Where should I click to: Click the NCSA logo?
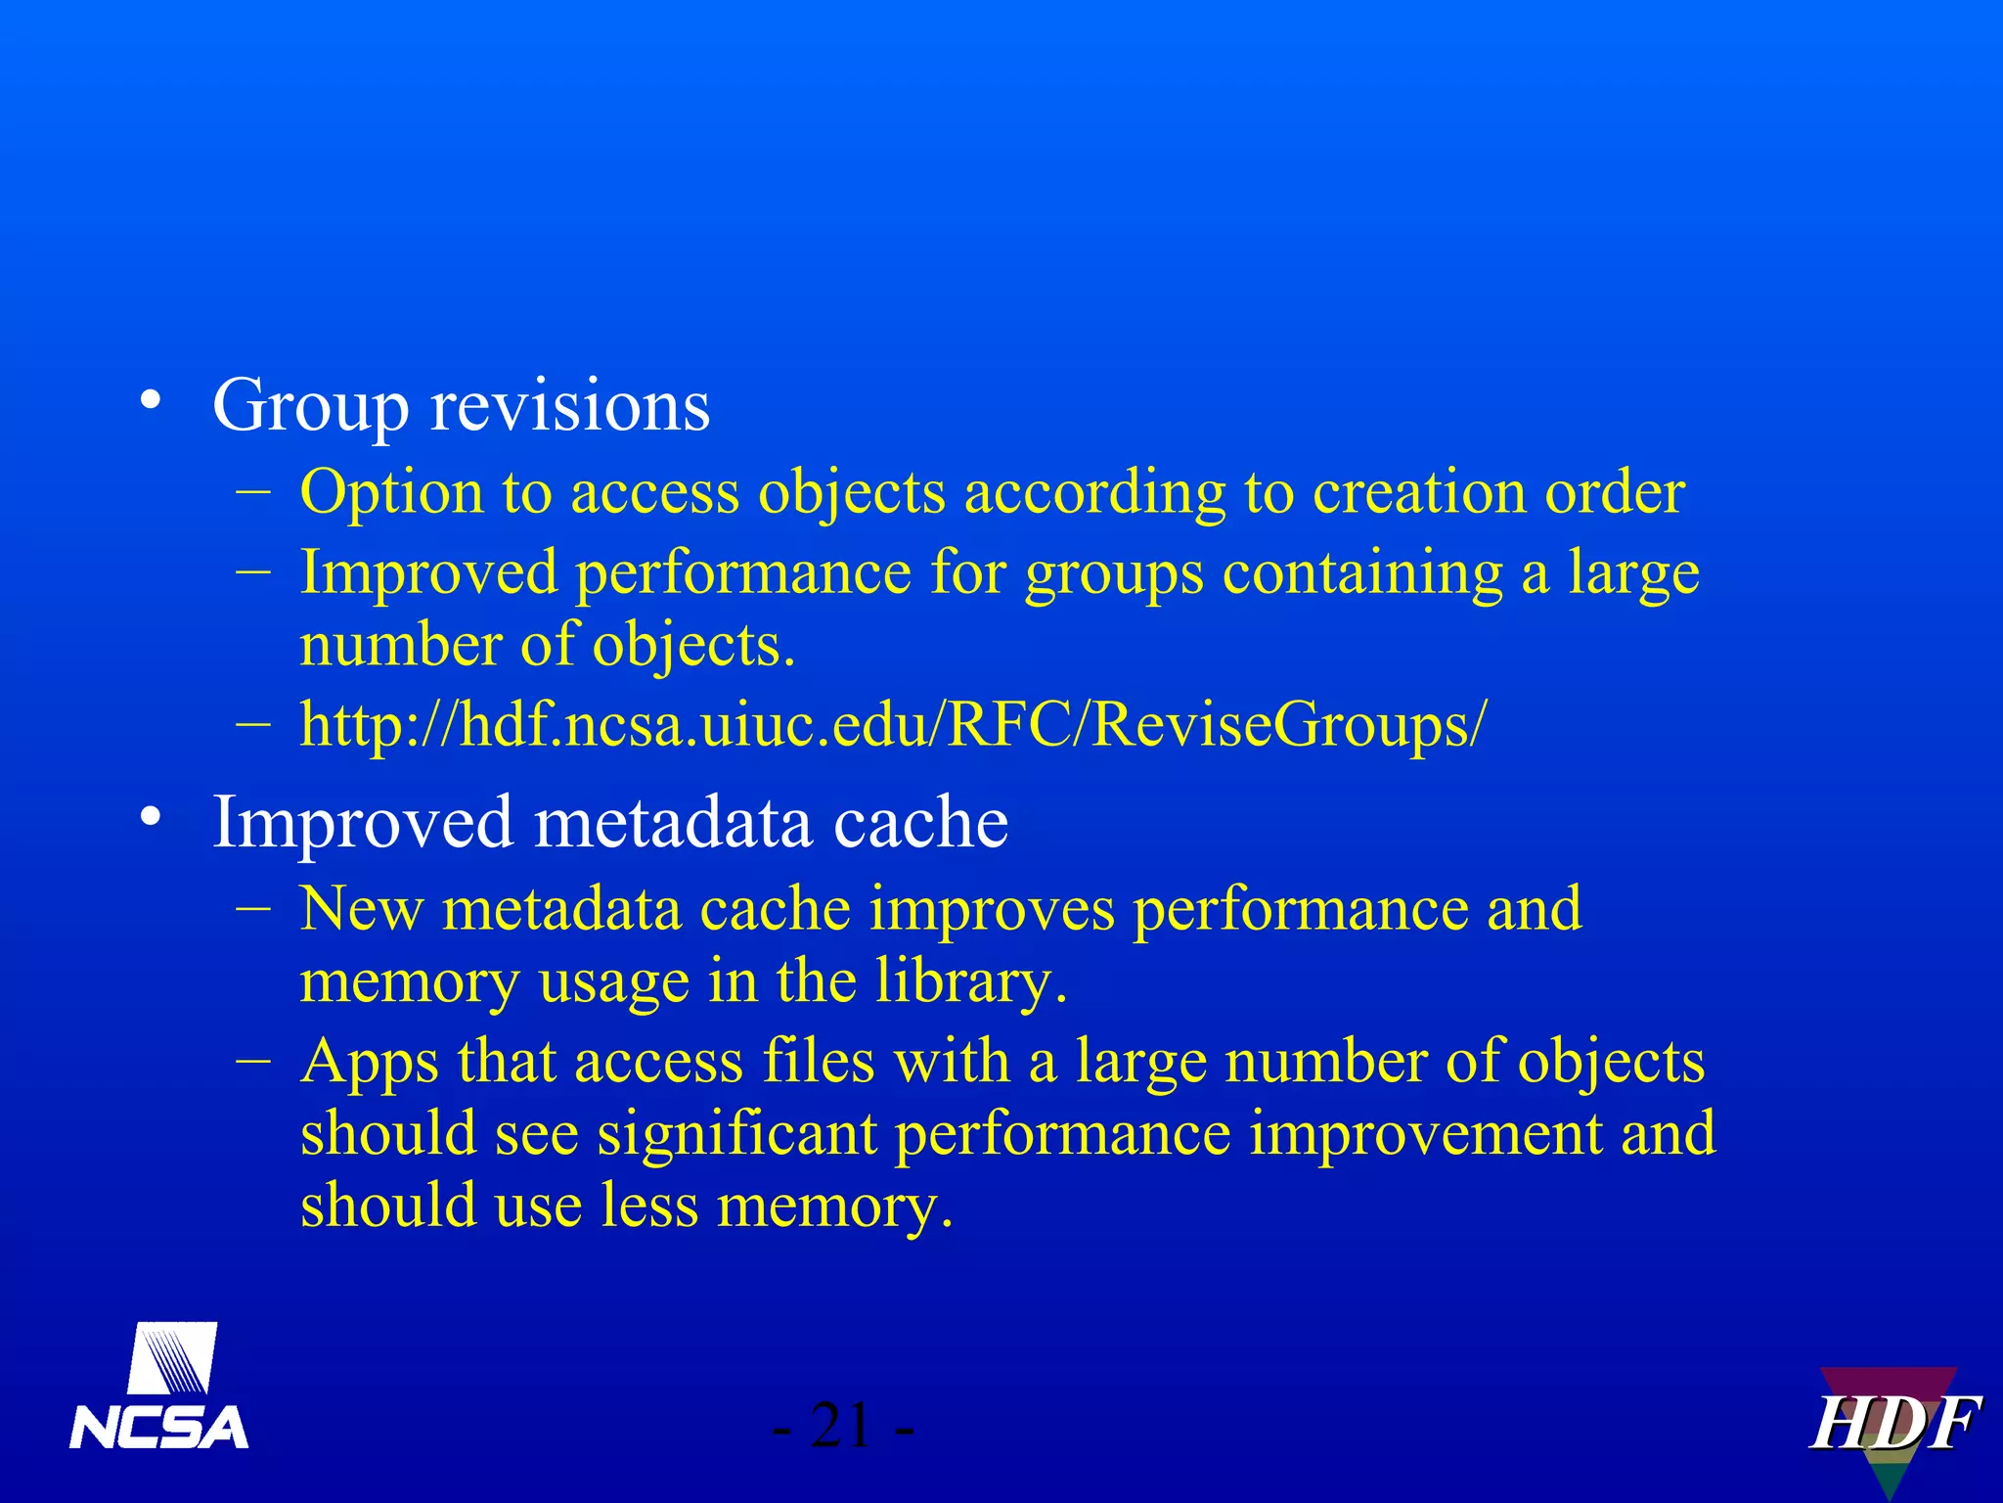[158, 1388]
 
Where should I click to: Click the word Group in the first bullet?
[310, 406]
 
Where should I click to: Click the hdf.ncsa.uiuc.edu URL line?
[892, 725]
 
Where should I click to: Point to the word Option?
[391, 492]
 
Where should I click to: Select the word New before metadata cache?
[362, 909]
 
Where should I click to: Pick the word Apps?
[370, 1064]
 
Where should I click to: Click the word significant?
[736, 1134]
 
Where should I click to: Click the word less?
[649, 1206]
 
